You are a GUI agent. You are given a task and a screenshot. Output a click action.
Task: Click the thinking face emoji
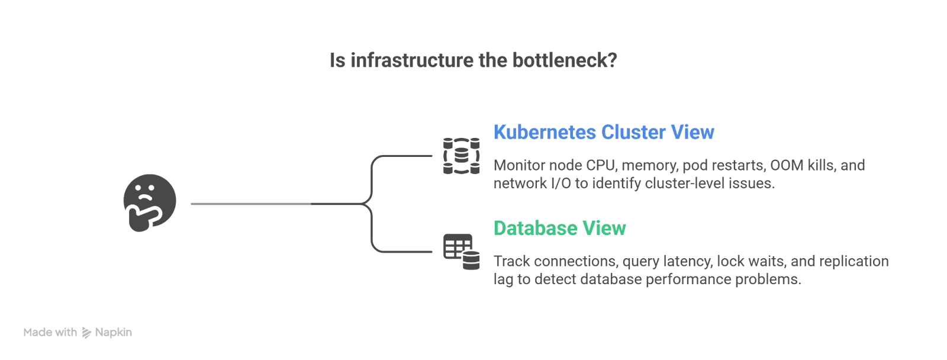(150, 202)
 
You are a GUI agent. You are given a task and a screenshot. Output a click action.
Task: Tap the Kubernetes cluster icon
(462, 156)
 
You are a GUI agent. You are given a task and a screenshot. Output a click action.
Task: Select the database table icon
(462, 252)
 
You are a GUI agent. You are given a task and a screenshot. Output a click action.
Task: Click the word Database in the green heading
(535, 228)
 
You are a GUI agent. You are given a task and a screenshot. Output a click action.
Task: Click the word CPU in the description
(601, 165)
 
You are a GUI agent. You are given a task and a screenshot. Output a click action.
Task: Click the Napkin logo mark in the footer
(86, 332)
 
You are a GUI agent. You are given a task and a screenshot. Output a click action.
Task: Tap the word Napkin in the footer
(114, 332)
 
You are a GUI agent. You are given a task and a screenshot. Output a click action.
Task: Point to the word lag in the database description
(503, 279)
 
